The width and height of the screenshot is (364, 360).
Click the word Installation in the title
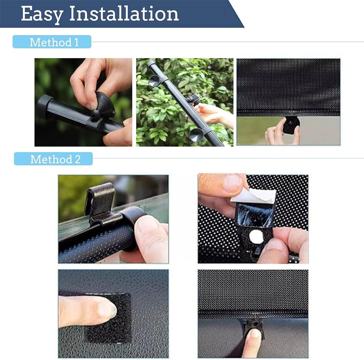[124, 13]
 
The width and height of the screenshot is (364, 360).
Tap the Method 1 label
[54, 42]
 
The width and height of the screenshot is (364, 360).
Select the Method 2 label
[55, 159]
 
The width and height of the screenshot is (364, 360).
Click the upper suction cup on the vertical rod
[155, 80]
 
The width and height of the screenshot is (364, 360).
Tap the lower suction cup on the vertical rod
[197, 135]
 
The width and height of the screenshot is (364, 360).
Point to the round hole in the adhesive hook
[256, 237]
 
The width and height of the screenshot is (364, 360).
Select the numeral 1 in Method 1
[76, 43]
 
